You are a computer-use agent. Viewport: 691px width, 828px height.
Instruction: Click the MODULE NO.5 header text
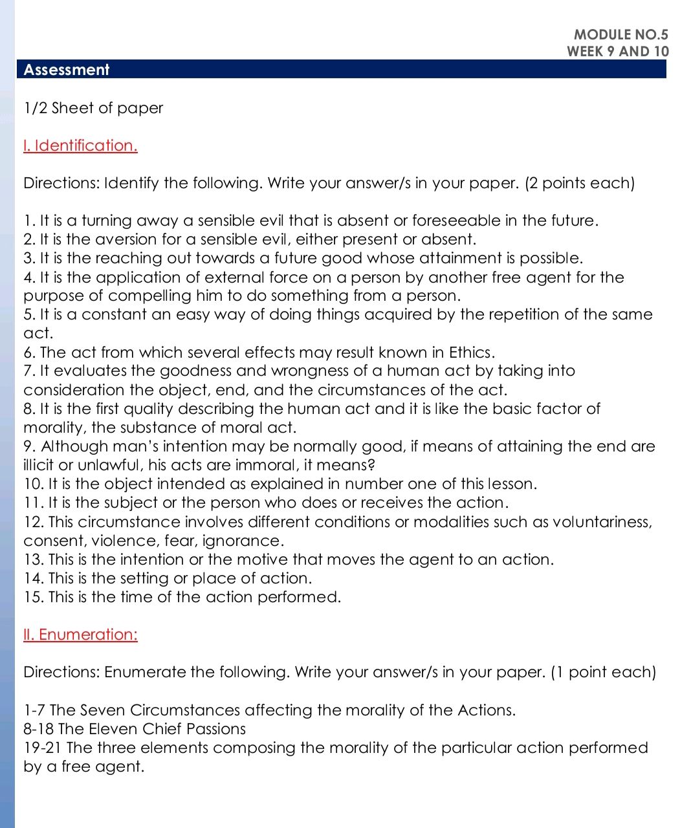[620, 34]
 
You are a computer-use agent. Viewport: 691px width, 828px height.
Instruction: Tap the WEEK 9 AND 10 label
[617, 51]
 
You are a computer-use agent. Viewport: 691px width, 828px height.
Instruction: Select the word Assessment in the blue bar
[66, 70]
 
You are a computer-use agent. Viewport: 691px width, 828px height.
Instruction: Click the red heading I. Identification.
[80, 146]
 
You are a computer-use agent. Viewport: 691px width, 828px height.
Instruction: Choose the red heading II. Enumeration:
[80, 635]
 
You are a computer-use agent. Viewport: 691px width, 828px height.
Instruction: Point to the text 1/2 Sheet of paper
[93, 108]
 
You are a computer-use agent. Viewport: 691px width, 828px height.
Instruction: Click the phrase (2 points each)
[580, 183]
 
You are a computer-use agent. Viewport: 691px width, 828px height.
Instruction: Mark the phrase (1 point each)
[603, 672]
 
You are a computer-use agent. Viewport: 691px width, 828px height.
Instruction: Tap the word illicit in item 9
[39, 465]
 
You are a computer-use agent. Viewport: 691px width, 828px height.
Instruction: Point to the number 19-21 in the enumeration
[42, 748]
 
